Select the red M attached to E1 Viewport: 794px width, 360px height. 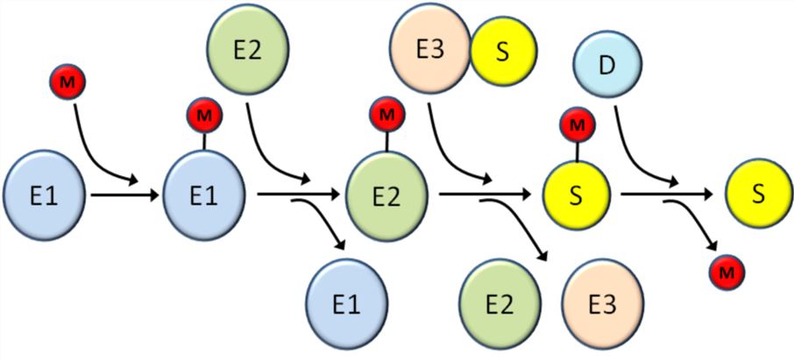pyautogui.click(x=203, y=116)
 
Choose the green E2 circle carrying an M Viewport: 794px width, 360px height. pyautogui.click(x=386, y=195)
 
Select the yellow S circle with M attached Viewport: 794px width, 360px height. pyautogui.click(x=576, y=195)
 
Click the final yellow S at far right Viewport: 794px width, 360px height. pyautogui.click(x=758, y=194)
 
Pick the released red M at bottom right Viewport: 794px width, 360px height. pyautogui.click(x=727, y=273)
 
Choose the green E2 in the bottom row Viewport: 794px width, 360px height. pyautogui.click(x=497, y=303)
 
